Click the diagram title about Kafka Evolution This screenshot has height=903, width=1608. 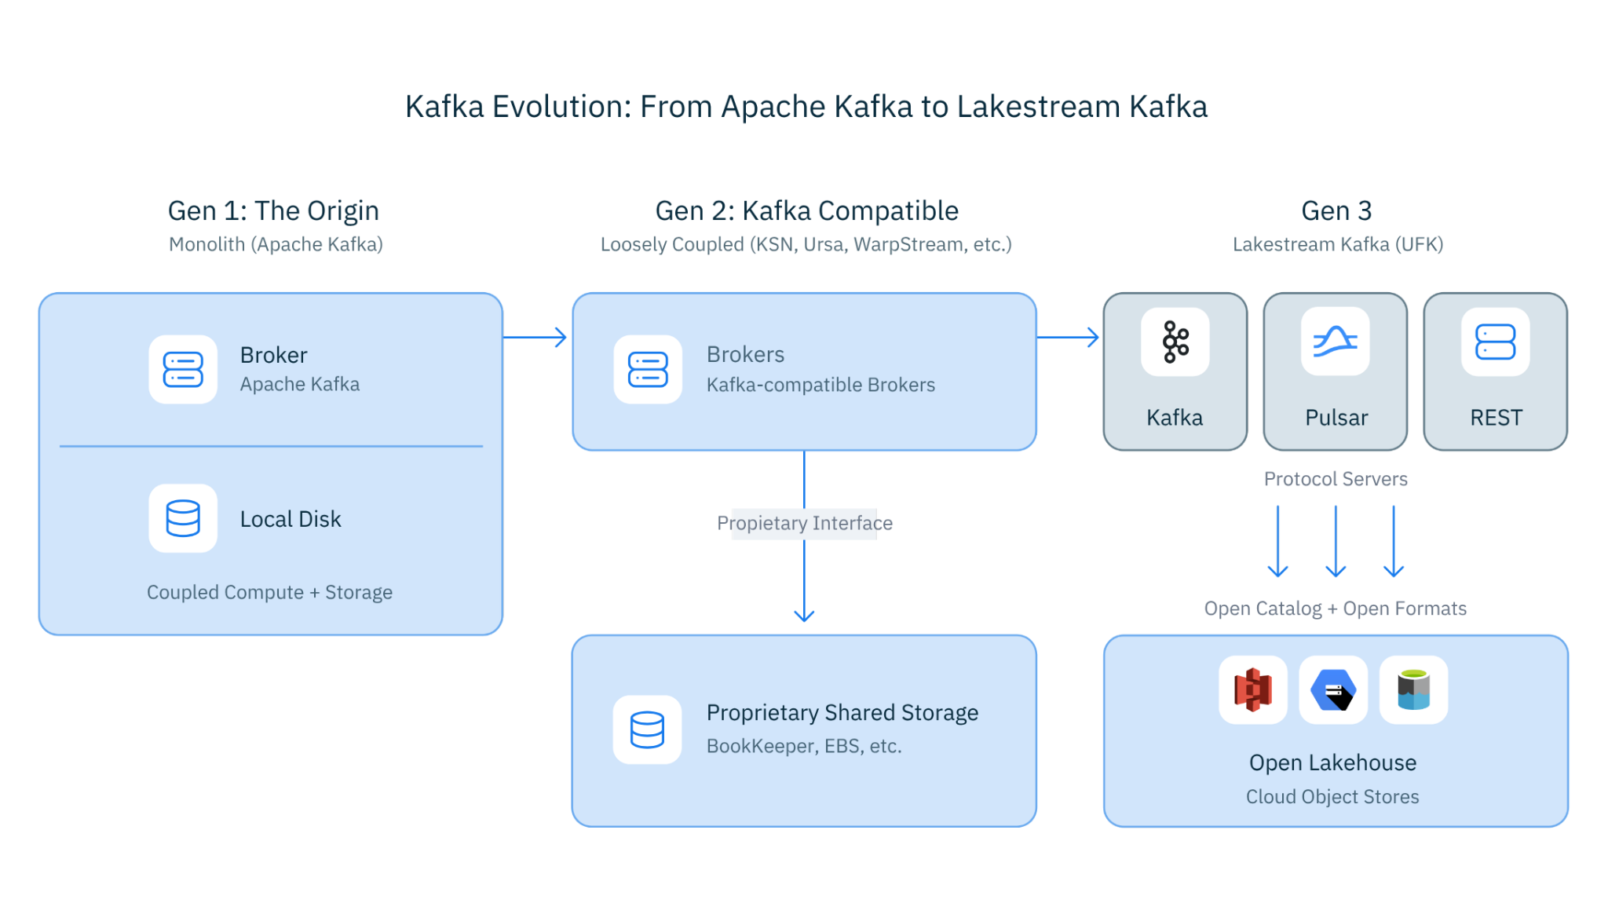(x=806, y=107)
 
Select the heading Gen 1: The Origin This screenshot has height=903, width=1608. (x=273, y=211)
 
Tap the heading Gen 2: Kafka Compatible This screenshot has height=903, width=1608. (x=806, y=211)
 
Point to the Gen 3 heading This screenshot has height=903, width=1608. (x=1336, y=211)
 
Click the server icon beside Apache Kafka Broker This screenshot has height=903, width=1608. (x=183, y=370)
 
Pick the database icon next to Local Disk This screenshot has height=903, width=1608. (x=183, y=518)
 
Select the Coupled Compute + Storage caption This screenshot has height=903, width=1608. (x=269, y=592)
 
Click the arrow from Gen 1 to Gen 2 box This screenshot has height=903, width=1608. (x=535, y=338)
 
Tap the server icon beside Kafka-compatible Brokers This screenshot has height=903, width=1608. (x=648, y=370)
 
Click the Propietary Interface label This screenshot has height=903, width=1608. (x=805, y=523)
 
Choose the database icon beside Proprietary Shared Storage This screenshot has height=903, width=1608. (x=647, y=729)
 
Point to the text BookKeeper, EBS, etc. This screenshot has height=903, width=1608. (x=804, y=746)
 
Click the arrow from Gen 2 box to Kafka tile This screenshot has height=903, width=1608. (x=1069, y=338)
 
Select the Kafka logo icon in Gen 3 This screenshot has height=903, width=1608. (x=1175, y=342)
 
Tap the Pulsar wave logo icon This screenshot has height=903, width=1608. (x=1335, y=342)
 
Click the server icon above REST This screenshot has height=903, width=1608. (x=1495, y=342)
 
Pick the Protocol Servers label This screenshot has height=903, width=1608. (x=1336, y=479)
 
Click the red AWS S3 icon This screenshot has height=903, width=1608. (x=1253, y=689)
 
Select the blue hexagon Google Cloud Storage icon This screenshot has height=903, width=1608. (x=1333, y=689)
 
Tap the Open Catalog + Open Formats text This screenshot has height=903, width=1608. (x=1336, y=609)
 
